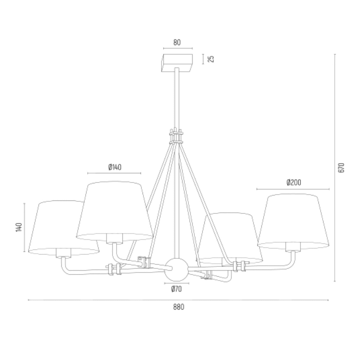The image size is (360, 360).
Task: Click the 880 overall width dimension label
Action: click(x=179, y=307)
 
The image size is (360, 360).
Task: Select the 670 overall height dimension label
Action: click(x=341, y=168)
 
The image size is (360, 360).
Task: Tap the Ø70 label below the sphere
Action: click(x=176, y=289)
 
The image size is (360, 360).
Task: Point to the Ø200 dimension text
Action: click(x=294, y=182)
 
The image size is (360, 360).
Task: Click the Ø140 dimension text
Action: click(x=115, y=167)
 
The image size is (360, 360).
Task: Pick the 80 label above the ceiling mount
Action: click(x=177, y=43)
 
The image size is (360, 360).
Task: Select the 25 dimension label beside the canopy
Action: click(x=211, y=59)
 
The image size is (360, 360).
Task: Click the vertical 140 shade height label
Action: click(x=19, y=227)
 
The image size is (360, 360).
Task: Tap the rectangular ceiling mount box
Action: click(x=177, y=63)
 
